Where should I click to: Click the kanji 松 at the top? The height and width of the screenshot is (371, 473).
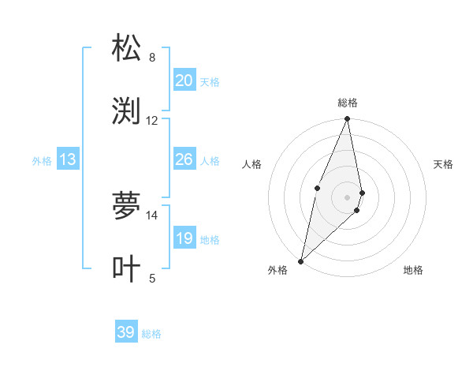126,47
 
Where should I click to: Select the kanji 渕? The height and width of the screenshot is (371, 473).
126,111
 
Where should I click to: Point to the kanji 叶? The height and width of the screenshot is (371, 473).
126,269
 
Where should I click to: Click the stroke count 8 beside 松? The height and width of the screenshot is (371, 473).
152,58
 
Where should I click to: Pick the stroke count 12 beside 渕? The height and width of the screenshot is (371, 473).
152,121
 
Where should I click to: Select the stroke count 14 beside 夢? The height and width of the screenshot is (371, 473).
152,215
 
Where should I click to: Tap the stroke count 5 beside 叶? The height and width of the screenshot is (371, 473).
152,278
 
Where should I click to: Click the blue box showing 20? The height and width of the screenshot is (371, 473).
184,81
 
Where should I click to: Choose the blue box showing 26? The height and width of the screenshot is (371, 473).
184,159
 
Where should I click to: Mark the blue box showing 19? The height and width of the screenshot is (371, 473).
184,238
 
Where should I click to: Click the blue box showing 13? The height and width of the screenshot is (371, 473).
68,159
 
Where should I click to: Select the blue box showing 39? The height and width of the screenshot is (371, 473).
126,332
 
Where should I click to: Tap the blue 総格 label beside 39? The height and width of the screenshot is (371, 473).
151,334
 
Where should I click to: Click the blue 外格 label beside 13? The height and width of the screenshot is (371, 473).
42,161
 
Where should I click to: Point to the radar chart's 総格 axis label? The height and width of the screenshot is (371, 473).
348,103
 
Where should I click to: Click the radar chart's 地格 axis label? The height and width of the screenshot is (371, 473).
413,271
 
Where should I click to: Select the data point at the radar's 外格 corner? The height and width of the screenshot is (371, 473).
300,260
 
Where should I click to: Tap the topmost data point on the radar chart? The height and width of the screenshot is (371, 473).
348,119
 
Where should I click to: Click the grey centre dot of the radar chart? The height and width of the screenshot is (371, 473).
348,197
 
